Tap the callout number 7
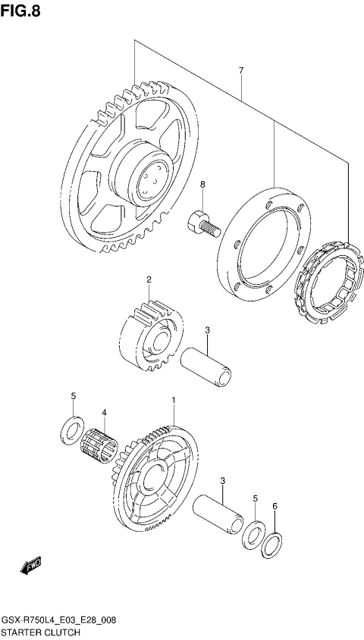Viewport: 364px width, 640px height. coord(240,70)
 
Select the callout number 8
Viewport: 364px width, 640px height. coord(202,184)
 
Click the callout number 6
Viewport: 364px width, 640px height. coord(275,506)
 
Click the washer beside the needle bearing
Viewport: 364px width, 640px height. coord(71,429)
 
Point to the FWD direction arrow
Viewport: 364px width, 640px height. coord(32,565)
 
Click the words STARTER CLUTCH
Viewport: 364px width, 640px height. coord(39,631)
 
